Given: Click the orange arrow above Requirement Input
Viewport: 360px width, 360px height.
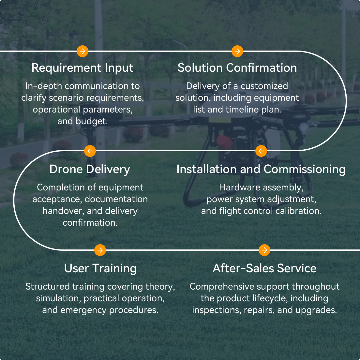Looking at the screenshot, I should coord(82,51).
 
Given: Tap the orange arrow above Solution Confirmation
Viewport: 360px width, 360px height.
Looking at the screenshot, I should coord(237,51).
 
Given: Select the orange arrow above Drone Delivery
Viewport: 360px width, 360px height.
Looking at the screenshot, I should coord(90,151).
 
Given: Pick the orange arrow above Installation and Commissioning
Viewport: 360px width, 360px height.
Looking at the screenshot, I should coord(261,151).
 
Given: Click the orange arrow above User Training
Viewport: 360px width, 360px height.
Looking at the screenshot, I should coord(100,250).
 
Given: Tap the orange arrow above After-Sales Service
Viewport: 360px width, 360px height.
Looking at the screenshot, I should coord(264,250).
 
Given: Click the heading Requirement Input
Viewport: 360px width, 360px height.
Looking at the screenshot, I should coord(82,68).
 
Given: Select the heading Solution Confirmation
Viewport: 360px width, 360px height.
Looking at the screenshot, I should coord(237,68).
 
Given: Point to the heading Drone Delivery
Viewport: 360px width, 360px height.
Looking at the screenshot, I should coord(90,169).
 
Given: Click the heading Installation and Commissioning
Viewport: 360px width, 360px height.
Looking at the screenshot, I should coord(261,169).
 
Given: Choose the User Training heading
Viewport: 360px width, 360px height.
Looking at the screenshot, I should coord(100,268).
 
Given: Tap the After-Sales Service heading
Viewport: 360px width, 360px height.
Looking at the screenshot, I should coord(264,268).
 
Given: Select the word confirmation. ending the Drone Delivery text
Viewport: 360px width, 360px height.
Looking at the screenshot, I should coord(90,223).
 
